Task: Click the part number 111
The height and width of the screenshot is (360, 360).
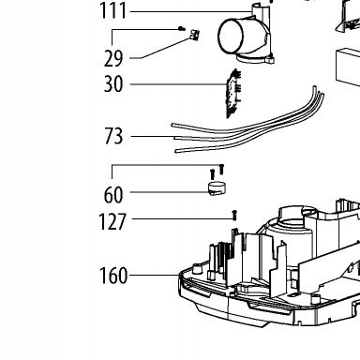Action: pyautogui.click(x=112, y=11)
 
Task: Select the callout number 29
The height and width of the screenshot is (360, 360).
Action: pyautogui.click(x=113, y=58)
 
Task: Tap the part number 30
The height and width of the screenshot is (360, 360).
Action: pyautogui.click(x=113, y=84)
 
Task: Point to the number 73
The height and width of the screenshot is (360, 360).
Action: pyautogui.click(x=113, y=136)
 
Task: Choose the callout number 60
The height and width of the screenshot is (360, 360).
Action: pyautogui.click(x=113, y=195)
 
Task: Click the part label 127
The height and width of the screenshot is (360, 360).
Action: pyautogui.click(x=112, y=221)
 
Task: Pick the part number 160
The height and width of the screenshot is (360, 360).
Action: pyautogui.click(x=113, y=276)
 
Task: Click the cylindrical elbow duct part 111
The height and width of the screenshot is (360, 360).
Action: pyautogui.click(x=246, y=35)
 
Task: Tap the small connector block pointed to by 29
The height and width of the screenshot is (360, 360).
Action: pyautogui.click(x=195, y=35)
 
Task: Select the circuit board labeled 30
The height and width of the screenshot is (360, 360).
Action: pyautogui.click(x=233, y=93)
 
